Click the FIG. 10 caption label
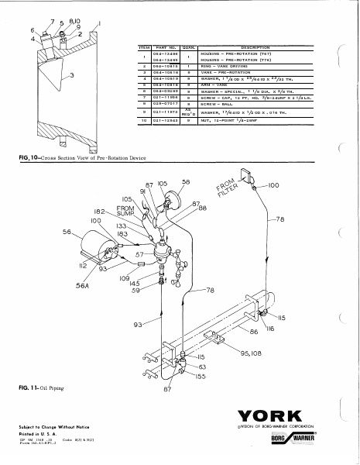tap(68, 157)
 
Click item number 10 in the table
tap(142, 121)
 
